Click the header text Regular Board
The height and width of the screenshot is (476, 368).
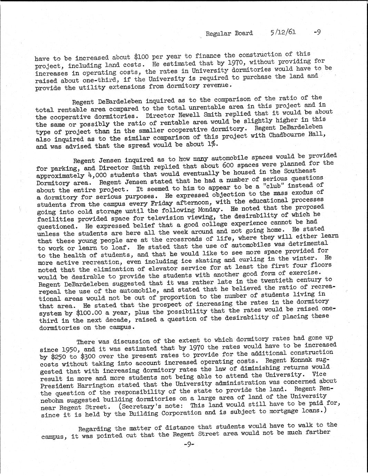click(229, 33)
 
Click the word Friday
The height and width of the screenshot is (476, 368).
click(148, 203)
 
